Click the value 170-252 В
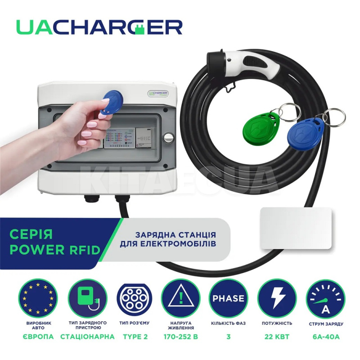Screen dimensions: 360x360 click(180, 336)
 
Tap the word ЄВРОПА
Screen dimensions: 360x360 click(38, 336)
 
